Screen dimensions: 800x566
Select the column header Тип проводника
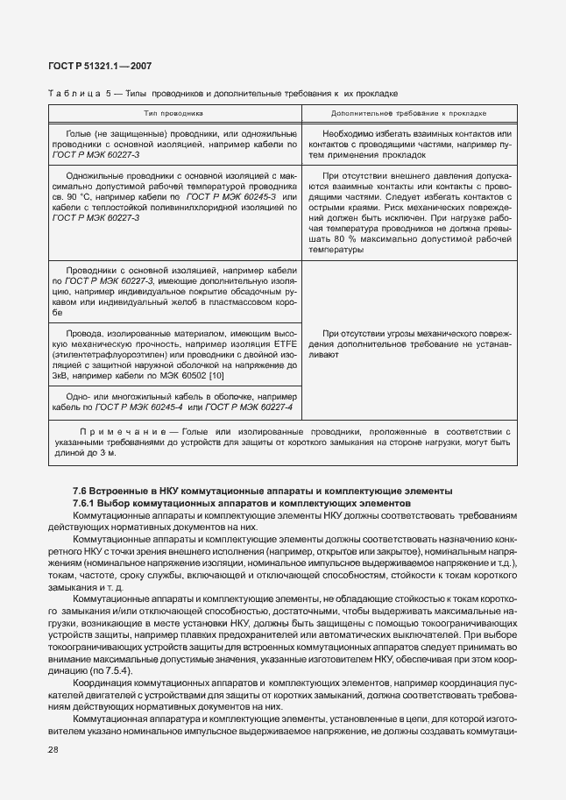tap(173, 114)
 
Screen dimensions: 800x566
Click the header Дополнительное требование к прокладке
tap(409, 114)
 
